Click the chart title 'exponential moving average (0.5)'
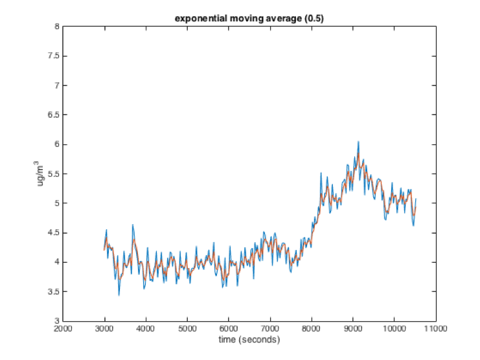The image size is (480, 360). click(249, 19)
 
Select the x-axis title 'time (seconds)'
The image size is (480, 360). click(249, 339)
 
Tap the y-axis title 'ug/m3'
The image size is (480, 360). click(41, 174)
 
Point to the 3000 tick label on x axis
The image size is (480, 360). click(104, 329)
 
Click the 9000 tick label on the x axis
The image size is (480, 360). click(352, 329)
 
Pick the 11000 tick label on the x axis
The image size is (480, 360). click(435, 329)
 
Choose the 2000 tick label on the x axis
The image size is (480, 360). click(63, 329)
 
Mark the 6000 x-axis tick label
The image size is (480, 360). click(229, 329)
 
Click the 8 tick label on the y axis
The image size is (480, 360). click(57, 27)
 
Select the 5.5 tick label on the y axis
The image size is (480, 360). click(54, 174)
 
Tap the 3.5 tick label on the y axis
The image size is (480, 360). click(54, 292)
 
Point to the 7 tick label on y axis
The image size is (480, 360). click(57, 85)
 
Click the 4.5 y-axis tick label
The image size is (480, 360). click(54, 233)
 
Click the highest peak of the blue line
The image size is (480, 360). click(358, 141)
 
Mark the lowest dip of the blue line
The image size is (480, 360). click(119, 295)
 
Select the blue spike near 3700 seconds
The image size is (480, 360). click(133, 225)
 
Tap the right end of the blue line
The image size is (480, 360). click(416, 199)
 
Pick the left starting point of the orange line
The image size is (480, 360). click(104, 249)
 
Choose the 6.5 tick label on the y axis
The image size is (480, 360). click(54, 115)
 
